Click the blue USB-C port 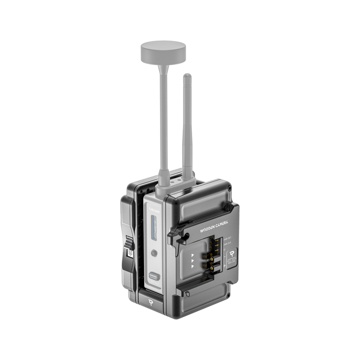click(x=153, y=275)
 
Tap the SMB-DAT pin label click(x=227, y=239)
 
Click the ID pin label click(x=225, y=250)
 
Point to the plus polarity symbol click(x=225, y=266)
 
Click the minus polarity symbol click(x=225, y=258)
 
